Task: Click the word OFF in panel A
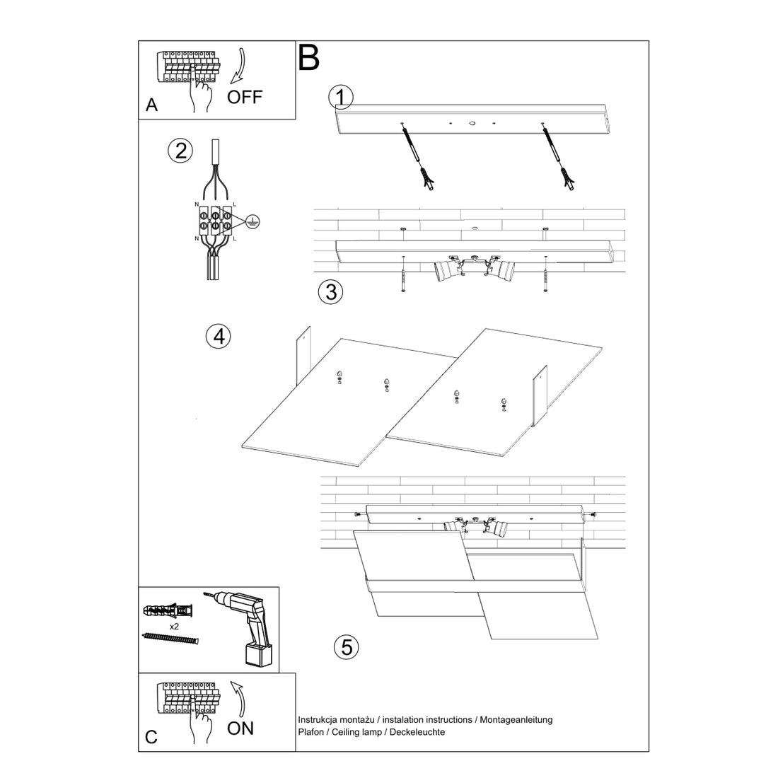(x=244, y=96)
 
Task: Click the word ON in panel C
(x=240, y=728)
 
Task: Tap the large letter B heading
(x=309, y=58)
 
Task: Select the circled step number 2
(x=180, y=151)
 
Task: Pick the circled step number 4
(x=218, y=336)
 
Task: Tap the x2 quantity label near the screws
(x=173, y=627)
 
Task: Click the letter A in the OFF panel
(x=151, y=105)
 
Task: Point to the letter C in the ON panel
(x=151, y=738)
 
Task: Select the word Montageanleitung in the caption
(x=516, y=720)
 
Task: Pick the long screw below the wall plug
(x=170, y=639)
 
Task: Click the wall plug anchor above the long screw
(x=168, y=610)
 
